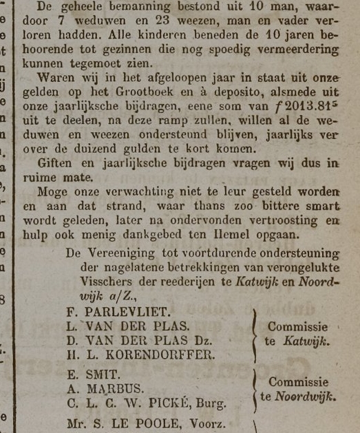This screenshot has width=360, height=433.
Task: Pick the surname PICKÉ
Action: [180, 403]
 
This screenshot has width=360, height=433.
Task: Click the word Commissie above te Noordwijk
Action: [297, 381]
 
